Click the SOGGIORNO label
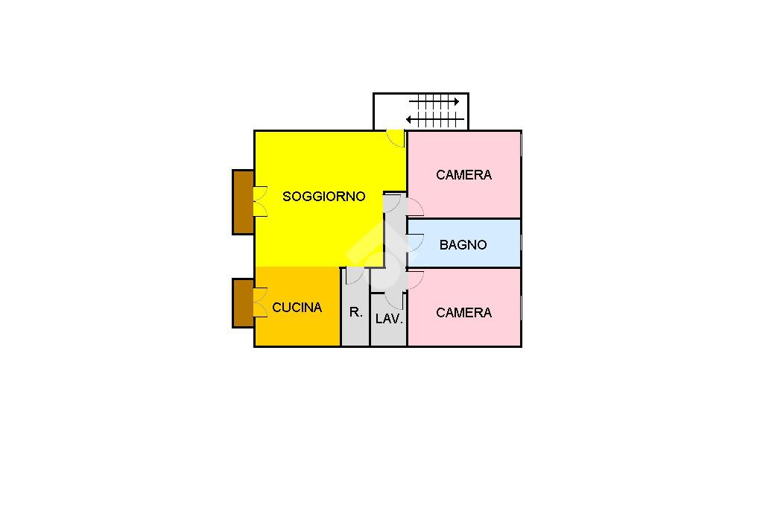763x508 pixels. click(x=324, y=197)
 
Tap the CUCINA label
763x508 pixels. click(x=297, y=308)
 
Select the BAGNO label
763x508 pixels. click(x=463, y=244)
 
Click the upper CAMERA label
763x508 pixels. click(x=463, y=175)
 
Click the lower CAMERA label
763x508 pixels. click(x=463, y=313)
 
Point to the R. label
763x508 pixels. click(x=356, y=313)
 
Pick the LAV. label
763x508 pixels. click(x=389, y=319)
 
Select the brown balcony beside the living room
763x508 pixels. click(x=243, y=202)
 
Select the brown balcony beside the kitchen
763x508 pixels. click(x=243, y=303)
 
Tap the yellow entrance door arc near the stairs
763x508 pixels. click(x=396, y=139)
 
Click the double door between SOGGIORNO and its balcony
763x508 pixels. click(x=260, y=201)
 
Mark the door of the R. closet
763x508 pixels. click(x=355, y=276)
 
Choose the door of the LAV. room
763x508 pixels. click(x=394, y=301)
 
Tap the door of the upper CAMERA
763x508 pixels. click(x=415, y=209)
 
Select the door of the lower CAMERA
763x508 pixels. click(x=415, y=279)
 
